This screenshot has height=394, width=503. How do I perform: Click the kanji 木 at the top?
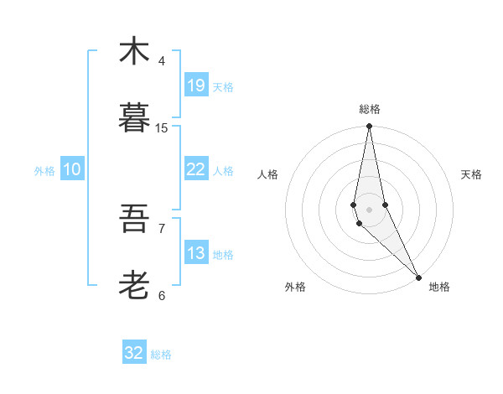(x=134, y=51)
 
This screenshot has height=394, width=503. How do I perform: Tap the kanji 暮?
(x=134, y=118)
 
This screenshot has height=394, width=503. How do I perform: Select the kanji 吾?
(x=134, y=219)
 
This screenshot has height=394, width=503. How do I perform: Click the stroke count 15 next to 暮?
(x=162, y=127)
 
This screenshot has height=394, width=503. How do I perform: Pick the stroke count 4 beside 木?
(x=162, y=60)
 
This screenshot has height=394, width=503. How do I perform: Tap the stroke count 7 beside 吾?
(x=162, y=228)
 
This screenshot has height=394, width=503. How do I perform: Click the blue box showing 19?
(x=196, y=85)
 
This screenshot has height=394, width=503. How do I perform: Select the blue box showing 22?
(x=196, y=169)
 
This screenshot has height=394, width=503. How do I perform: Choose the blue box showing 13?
(x=196, y=253)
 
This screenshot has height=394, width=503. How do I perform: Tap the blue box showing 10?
(x=72, y=169)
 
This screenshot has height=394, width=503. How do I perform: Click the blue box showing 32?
(x=134, y=353)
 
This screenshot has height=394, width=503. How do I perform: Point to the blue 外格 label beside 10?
(x=44, y=171)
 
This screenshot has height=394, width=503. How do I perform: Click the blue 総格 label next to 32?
(x=161, y=355)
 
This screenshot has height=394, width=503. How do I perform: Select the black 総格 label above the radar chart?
(x=370, y=109)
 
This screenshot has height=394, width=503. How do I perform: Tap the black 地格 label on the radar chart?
(x=439, y=287)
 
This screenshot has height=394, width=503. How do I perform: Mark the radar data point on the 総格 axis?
(x=369, y=127)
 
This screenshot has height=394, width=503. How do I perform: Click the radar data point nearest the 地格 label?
(x=418, y=277)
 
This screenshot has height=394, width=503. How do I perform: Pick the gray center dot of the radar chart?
(x=369, y=209)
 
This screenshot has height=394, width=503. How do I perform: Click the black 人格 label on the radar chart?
(x=267, y=174)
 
